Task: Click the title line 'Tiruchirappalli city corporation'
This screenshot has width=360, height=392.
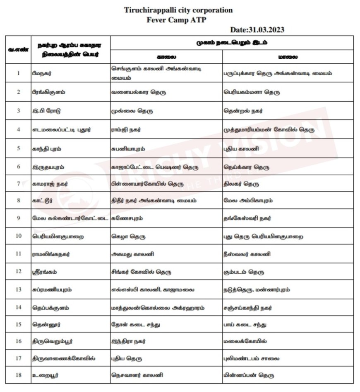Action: point(178,10)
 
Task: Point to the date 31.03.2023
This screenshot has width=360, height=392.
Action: point(257,30)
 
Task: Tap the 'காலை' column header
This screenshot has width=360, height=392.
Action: point(166,57)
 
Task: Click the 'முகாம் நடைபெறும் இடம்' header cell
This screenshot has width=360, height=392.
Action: point(231,43)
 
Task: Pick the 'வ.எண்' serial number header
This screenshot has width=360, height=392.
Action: point(18,49)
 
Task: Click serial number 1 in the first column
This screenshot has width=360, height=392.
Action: point(18,73)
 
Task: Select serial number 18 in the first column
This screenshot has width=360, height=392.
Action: point(18,375)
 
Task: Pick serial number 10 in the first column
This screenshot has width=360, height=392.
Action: point(18,237)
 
